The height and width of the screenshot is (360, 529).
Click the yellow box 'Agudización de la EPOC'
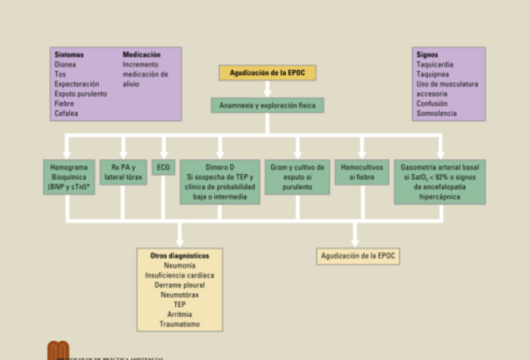[x=267, y=73]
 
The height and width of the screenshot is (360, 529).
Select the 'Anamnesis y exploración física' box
[x=267, y=105]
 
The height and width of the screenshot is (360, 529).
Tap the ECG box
[x=163, y=167]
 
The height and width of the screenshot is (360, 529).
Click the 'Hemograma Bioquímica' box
[x=69, y=177]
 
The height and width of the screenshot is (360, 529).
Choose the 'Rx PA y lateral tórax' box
[x=123, y=172]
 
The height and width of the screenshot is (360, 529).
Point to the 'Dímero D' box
[x=220, y=182]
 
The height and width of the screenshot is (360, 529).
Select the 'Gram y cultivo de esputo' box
[x=297, y=177]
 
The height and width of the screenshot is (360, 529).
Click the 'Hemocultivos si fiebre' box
[x=362, y=172]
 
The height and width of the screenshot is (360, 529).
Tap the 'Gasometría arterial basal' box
[x=439, y=182]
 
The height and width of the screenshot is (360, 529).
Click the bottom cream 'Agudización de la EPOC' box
[x=357, y=256]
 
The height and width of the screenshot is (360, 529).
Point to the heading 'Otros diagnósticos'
[x=180, y=256]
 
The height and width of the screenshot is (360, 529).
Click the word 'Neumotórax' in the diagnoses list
[x=180, y=294]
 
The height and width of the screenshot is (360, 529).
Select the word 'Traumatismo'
[x=180, y=324]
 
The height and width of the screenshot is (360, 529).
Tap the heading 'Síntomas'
[x=69, y=55]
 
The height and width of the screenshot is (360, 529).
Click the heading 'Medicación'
[x=142, y=55]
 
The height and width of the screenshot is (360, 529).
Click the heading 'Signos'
[x=427, y=55]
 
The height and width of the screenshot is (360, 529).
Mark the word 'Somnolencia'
[x=437, y=114]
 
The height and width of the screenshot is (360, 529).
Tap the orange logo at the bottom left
[x=59, y=351]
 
